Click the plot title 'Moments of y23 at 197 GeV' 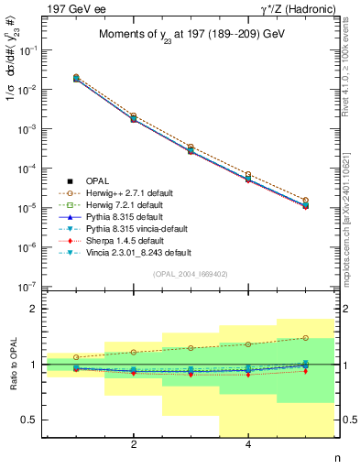[x=188, y=35]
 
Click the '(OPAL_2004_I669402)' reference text [x=189, y=273]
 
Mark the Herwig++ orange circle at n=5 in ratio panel [x=305, y=338]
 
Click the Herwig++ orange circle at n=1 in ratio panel [x=76, y=357]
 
